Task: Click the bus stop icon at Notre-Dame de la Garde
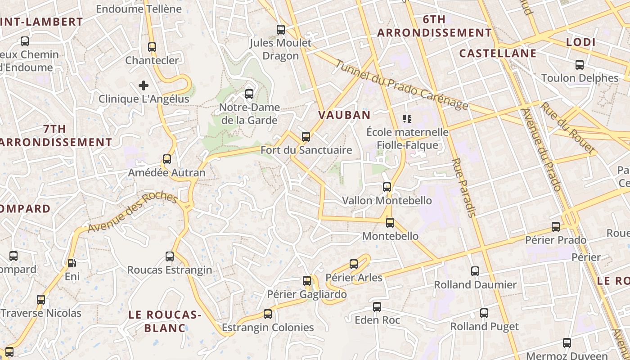[x=249, y=94]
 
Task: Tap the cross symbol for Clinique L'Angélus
[x=144, y=85]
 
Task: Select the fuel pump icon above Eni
[x=72, y=263]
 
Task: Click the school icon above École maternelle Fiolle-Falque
[x=407, y=119]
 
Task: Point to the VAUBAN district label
[x=344, y=115]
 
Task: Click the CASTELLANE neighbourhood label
[x=498, y=54]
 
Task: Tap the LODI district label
[x=580, y=42]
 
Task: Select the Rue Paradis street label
[x=463, y=187]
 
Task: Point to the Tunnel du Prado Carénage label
[x=402, y=85]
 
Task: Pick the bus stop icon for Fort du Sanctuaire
[x=306, y=136]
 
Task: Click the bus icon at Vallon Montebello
[x=387, y=187]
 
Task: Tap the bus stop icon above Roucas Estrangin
[x=170, y=256]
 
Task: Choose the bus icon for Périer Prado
[x=556, y=227]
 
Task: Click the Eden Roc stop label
[x=378, y=320]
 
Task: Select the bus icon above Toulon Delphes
[x=580, y=65]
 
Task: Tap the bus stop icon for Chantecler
[x=152, y=47]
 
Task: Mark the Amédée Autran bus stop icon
[x=167, y=159]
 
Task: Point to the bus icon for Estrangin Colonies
[x=268, y=314]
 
